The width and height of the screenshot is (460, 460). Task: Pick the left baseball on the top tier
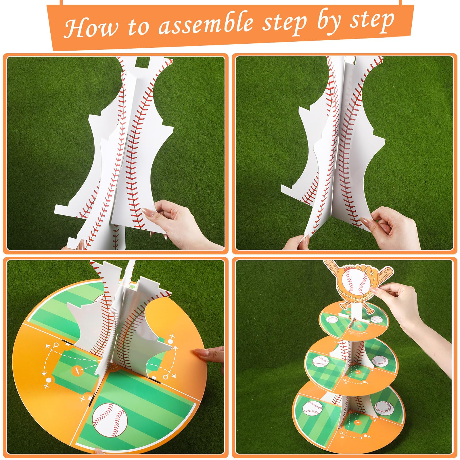coord(333,319)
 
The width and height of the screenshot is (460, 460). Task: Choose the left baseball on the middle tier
coord(320,361)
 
